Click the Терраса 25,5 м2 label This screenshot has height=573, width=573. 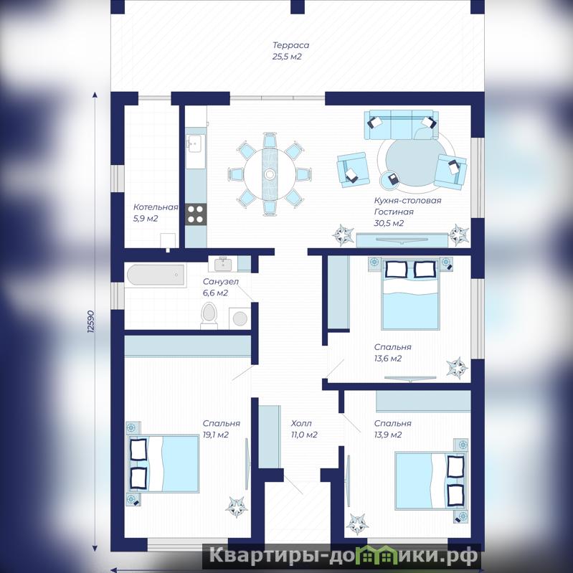(x=290, y=51)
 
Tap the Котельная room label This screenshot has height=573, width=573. (x=156, y=207)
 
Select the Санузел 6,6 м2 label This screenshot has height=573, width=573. (x=220, y=288)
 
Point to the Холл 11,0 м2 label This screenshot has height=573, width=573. (x=303, y=429)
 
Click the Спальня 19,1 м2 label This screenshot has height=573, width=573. (x=221, y=429)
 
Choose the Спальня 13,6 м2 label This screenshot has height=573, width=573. (x=392, y=353)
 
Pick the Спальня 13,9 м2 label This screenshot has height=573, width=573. (x=392, y=429)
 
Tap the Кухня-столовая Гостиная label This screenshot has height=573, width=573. (x=407, y=206)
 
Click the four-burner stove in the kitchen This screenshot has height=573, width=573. (x=196, y=214)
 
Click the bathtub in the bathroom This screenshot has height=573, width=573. (x=156, y=275)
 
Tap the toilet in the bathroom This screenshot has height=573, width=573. (x=209, y=316)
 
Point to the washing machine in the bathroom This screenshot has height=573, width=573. (x=240, y=318)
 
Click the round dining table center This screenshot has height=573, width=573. (x=270, y=174)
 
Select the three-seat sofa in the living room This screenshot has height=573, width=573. (x=402, y=125)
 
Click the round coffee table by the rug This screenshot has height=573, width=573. (x=390, y=180)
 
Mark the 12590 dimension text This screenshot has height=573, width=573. (x=91, y=321)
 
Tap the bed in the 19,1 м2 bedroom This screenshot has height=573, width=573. (x=163, y=464)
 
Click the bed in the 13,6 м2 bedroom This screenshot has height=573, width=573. (x=409, y=294)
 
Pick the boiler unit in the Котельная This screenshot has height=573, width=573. (x=168, y=241)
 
